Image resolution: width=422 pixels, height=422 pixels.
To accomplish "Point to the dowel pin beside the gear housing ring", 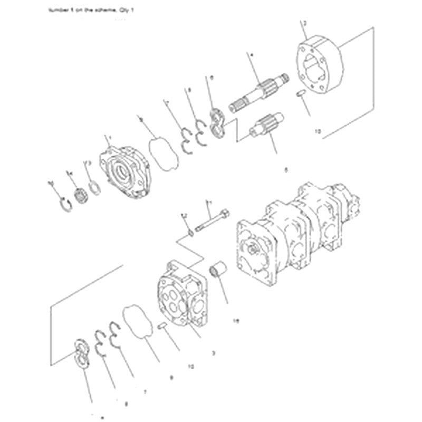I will click(x=301, y=93).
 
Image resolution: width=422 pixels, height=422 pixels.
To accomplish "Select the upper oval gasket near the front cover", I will click(x=162, y=154).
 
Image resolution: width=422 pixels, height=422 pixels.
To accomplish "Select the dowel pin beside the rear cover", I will click(x=164, y=326).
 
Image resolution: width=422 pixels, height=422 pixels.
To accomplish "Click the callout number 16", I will click(x=236, y=320).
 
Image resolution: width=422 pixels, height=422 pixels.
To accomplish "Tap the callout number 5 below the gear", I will click(x=286, y=170).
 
